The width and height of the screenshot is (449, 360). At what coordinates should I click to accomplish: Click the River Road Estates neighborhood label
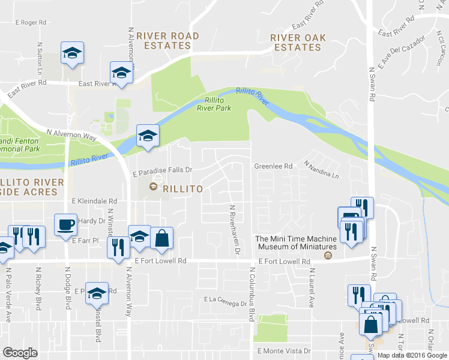(x=167, y=41)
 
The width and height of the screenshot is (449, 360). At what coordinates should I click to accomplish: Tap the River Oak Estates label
(x=298, y=43)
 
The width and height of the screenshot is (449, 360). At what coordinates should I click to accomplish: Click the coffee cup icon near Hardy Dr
(x=65, y=225)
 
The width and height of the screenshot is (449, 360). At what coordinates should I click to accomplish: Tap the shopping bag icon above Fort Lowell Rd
(x=161, y=238)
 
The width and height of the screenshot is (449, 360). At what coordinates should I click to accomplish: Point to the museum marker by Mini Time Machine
(x=328, y=256)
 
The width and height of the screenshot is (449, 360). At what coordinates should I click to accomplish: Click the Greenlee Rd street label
(x=273, y=166)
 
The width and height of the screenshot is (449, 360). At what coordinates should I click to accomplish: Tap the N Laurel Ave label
(x=312, y=289)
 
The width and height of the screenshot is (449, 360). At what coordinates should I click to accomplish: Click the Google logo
(x=20, y=353)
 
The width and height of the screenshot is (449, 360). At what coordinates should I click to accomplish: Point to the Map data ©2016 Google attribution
(x=412, y=355)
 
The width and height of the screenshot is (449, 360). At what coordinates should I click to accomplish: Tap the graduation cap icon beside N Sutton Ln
(x=72, y=52)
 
